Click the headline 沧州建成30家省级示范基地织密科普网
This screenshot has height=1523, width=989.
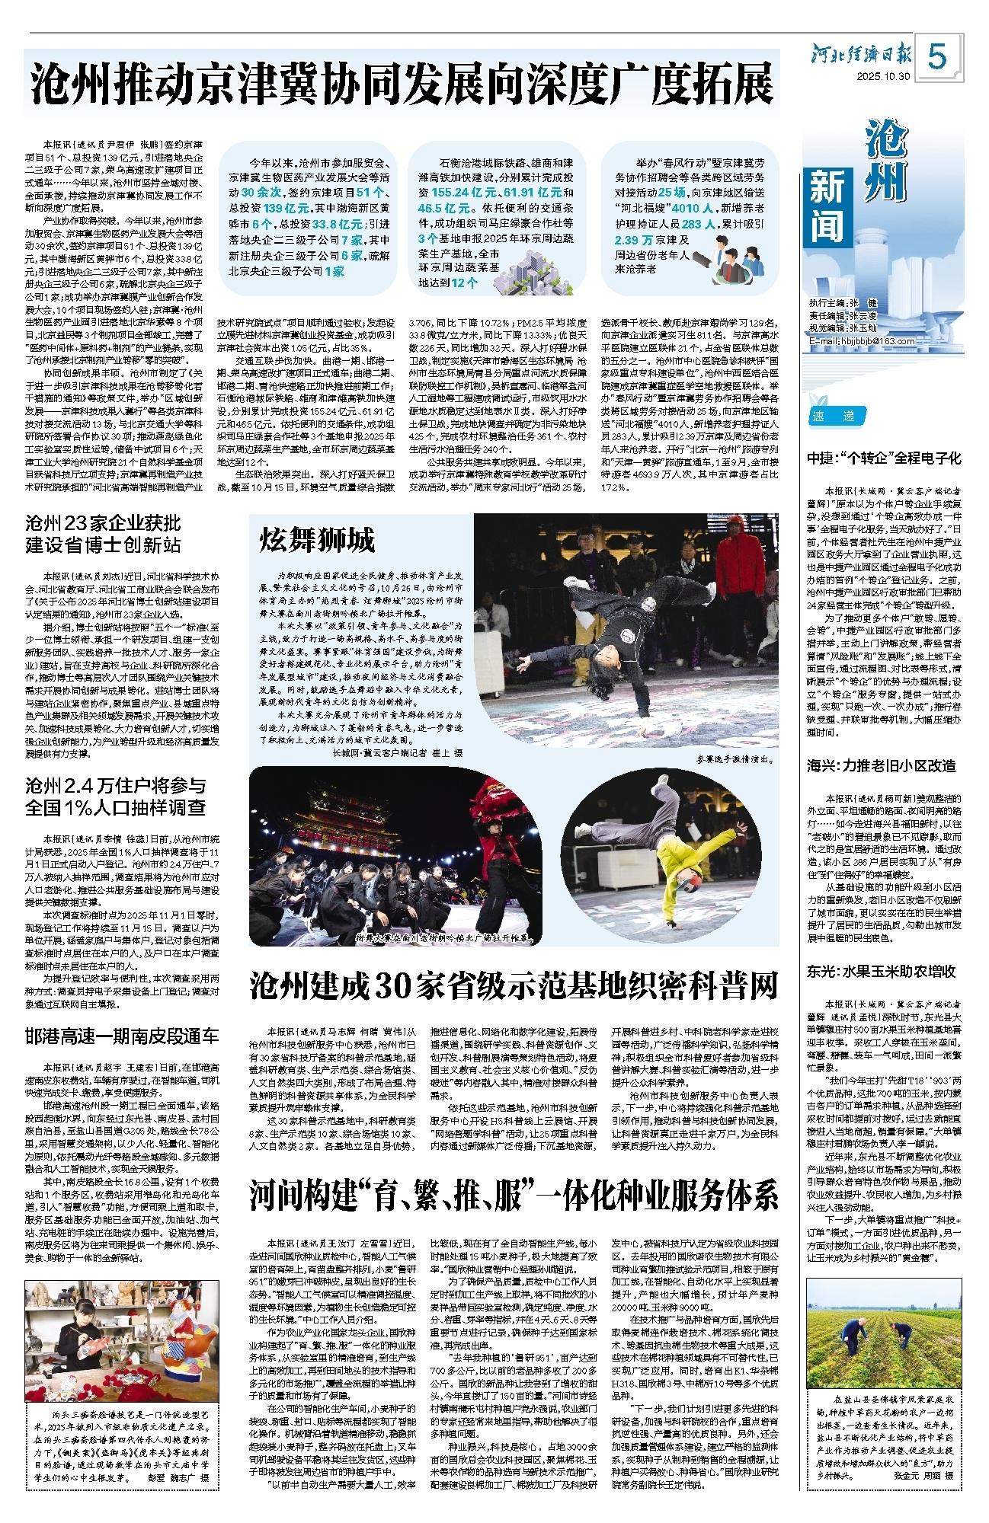[514, 985]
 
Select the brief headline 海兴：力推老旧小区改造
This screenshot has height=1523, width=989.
[882, 765]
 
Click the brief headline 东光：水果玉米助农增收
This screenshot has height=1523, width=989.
[882, 971]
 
